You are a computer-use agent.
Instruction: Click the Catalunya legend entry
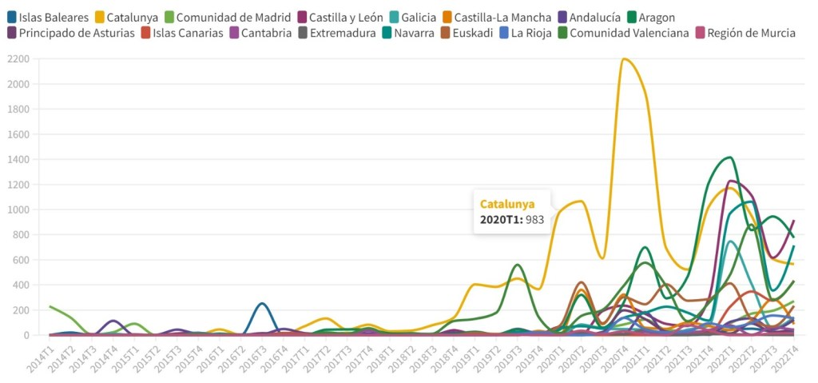132,17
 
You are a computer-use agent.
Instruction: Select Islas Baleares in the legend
54,17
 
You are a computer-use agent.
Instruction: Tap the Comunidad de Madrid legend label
228,17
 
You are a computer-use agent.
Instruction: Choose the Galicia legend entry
419,17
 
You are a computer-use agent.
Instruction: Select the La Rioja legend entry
529,33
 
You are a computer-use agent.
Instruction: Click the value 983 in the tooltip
534,219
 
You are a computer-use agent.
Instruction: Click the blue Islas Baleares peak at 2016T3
262,304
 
